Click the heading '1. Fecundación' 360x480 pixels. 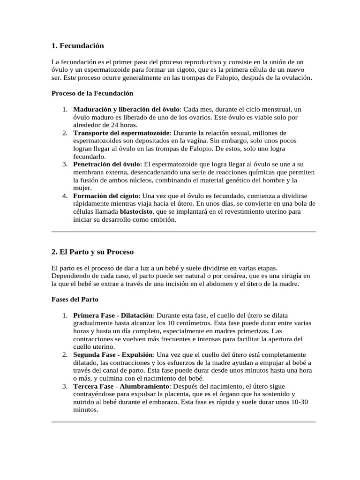click(77, 46)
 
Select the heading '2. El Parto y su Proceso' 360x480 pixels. click(92, 252)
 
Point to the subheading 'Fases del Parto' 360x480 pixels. click(75, 299)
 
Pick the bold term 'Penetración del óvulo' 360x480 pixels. click(107, 165)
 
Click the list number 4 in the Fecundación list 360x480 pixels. click(65, 195)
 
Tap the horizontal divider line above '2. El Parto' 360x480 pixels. click(184, 231)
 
